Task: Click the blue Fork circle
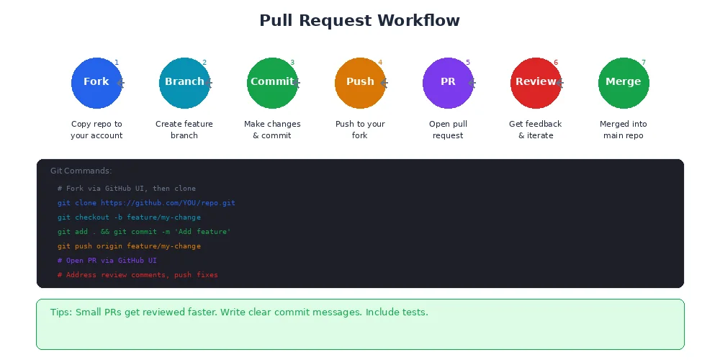[x=96, y=83]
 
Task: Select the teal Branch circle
[x=184, y=83]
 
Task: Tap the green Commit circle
[x=272, y=83]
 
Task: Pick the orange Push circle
[x=360, y=83]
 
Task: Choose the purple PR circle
[x=448, y=83]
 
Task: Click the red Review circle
[x=536, y=83]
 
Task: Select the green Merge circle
[x=624, y=83]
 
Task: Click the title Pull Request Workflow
[x=359, y=21]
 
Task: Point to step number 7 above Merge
[x=644, y=63]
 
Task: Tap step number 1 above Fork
[x=117, y=63]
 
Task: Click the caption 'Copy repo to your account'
[x=96, y=130]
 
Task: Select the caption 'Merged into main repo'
[x=624, y=130]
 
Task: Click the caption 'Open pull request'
[x=448, y=130]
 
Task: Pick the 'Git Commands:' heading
[x=81, y=171]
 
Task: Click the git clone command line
[x=146, y=203]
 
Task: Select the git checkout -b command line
[x=129, y=217]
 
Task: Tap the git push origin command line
[x=129, y=246]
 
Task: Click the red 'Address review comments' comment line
[x=138, y=275]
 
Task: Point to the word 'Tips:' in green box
[x=61, y=312]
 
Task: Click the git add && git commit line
[x=144, y=232]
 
